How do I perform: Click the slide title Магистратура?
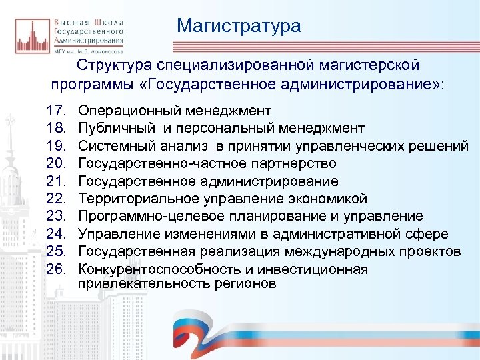[239, 26]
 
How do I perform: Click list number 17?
[58, 110]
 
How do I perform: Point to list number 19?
[58, 146]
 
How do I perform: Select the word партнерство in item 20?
[296, 163]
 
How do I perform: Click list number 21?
[58, 181]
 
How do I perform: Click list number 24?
[58, 234]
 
